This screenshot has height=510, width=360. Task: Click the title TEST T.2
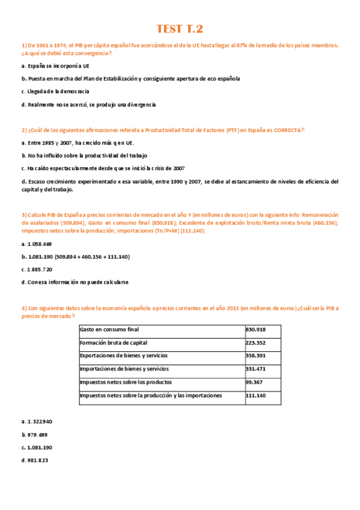tap(180, 29)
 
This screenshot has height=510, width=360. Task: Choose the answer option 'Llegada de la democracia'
tap(55, 91)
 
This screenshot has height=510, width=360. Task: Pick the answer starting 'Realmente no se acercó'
tap(88, 105)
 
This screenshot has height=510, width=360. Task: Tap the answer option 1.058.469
tap(37, 244)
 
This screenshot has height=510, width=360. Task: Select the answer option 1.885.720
tap(37, 269)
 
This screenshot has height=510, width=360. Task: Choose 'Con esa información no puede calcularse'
tap(75, 281)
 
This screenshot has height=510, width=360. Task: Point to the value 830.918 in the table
tap(256, 330)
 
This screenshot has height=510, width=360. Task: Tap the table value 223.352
tap(256, 343)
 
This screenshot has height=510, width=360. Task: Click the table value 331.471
tap(256, 369)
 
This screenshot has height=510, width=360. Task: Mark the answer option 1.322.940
tap(37, 422)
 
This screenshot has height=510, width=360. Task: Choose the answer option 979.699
tap(34, 434)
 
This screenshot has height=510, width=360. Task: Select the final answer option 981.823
tap(34, 461)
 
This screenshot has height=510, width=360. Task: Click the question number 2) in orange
tap(24, 130)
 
